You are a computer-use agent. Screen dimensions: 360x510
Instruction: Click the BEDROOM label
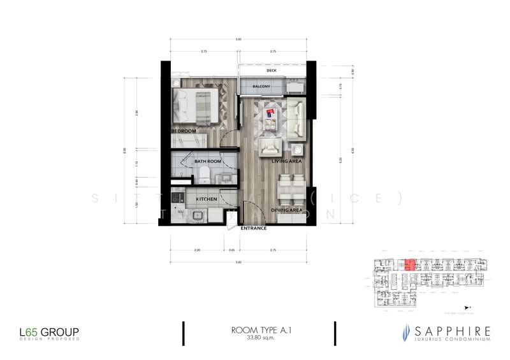[x=183, y=131]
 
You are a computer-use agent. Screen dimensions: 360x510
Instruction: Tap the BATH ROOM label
[x=208, y=162]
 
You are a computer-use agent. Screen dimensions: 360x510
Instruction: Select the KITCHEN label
[x=208, y=199]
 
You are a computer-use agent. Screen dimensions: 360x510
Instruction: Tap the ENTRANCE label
[x=254, y=227]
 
